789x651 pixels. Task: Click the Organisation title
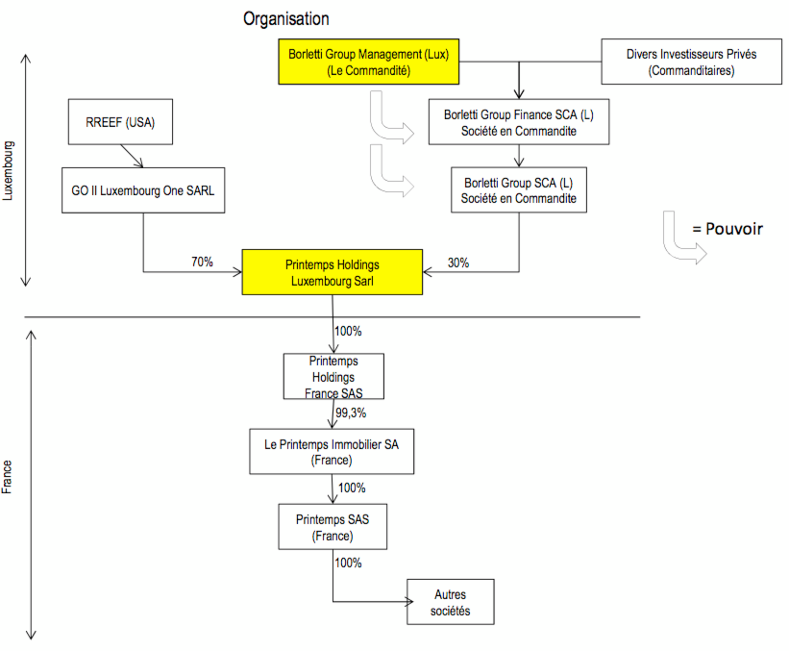(x=286, y=19)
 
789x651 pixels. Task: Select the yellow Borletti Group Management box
(x=368, y=62)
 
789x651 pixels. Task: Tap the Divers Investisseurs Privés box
(x=691, y=62)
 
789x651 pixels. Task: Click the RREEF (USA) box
(x=120, y=122)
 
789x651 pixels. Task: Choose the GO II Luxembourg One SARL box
(x=143, y=191)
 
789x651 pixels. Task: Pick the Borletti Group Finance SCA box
(x=519, y=122)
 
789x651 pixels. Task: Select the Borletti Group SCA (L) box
(x=519, y=190)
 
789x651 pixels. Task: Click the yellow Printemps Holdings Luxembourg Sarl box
(x=332, y=272)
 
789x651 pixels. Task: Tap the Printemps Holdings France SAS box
(x=334, y=376)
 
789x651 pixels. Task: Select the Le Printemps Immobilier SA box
(x=332, y=451)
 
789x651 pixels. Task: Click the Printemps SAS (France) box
(x=332, y=527)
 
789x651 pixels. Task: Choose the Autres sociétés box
(x=450, y=602)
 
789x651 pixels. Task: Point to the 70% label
(x=202, y=262)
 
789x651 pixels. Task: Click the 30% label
(x=458, y=263)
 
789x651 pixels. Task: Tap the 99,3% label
(x=351, y=413)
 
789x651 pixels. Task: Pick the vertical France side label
(x=7, y=477)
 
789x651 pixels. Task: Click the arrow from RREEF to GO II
(x=132, y=156)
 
